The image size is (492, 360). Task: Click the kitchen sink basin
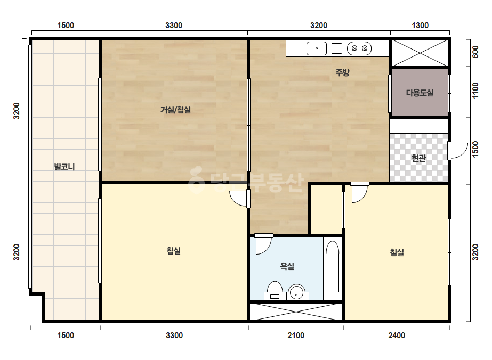tap(316, 48)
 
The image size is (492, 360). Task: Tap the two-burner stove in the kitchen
tap(359, 48)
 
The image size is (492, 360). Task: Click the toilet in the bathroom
tap(274, 291)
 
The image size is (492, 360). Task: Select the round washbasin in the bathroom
tap(296, 292)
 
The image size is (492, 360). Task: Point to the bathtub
tap(332, 267)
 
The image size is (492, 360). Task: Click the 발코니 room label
tap(64, 167)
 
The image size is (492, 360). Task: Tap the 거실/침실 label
tap(175, 110)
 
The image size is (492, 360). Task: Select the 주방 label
tap(342, 72)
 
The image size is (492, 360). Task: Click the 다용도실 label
tap(420, 93)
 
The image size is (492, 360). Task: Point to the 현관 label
tap(418, 158)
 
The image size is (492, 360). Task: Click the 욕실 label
tap(287, 266)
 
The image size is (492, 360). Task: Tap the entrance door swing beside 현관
tap(457, 151)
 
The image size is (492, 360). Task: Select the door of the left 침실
tap(240, 199)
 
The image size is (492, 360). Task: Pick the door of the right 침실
tap(360, 192)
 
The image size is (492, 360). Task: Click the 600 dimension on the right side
tap(475, 52)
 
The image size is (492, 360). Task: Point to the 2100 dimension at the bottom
tap(296, 336)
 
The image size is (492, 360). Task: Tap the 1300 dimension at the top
tap(420, 26)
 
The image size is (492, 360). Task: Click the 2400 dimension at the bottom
tap(397, 336)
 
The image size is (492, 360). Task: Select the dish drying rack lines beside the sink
tap(337, 48)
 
